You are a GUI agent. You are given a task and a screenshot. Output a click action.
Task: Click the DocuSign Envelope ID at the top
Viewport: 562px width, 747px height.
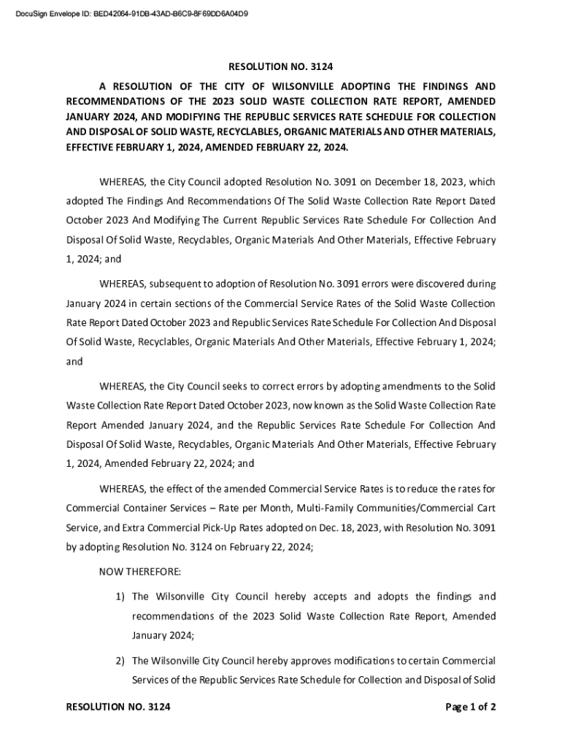pos(131,12)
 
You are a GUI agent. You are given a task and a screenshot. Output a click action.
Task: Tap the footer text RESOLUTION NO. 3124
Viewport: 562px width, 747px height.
pos(118,707)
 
